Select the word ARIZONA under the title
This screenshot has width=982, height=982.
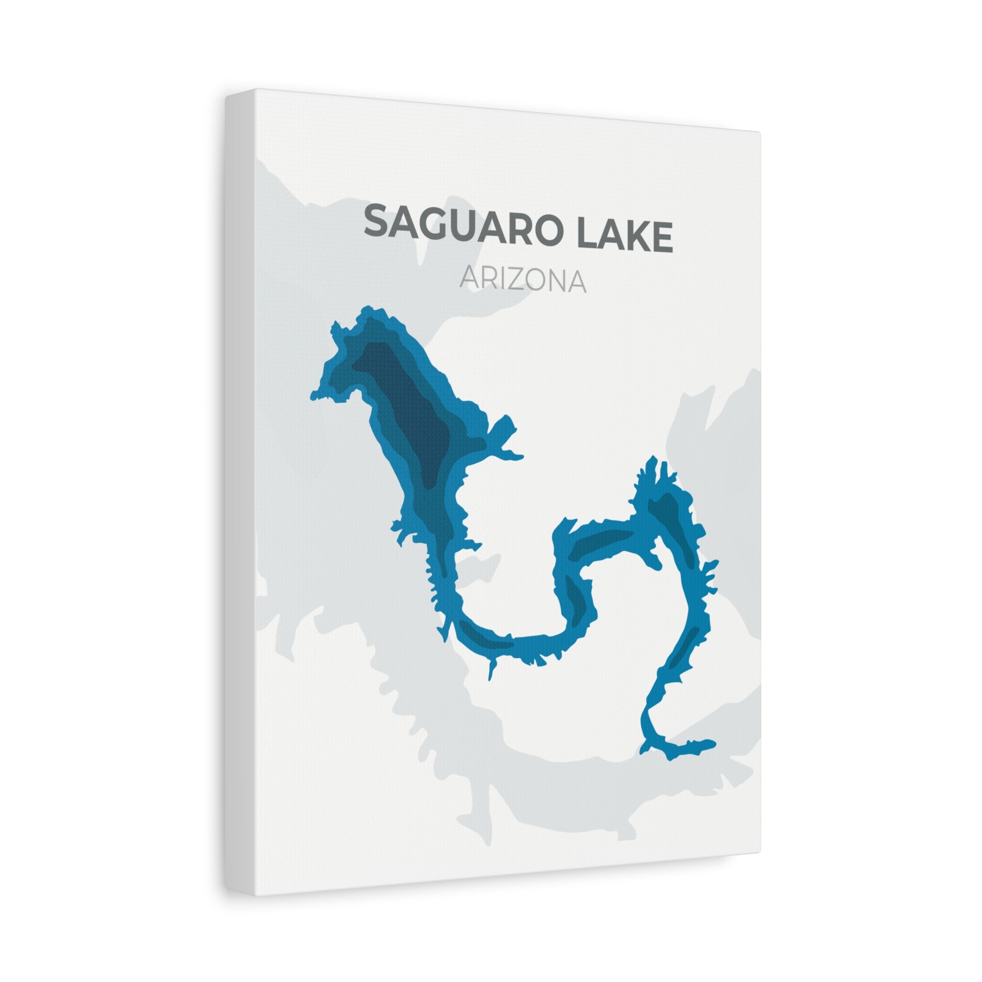[x=523, y=280]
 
